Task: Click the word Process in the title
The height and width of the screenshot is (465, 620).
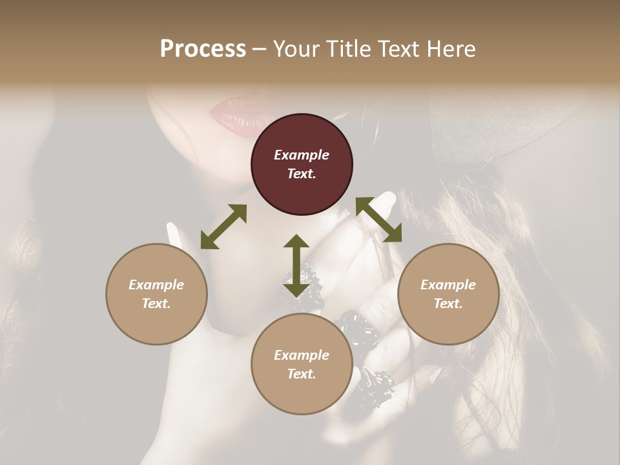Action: tap(203, 48)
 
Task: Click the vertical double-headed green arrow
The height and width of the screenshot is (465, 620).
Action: tap(296, 265)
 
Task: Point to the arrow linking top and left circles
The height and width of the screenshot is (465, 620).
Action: tap(223, 227)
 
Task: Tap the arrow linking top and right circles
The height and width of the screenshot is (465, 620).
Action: tap(378, 220)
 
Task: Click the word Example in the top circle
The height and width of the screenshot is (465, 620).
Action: tap(302, 155)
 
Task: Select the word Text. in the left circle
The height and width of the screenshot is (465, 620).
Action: tap(156, 304)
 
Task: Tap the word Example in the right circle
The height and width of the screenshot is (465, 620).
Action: tap(448, 285)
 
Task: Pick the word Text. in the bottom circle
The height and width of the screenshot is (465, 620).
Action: tap(302, 374)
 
